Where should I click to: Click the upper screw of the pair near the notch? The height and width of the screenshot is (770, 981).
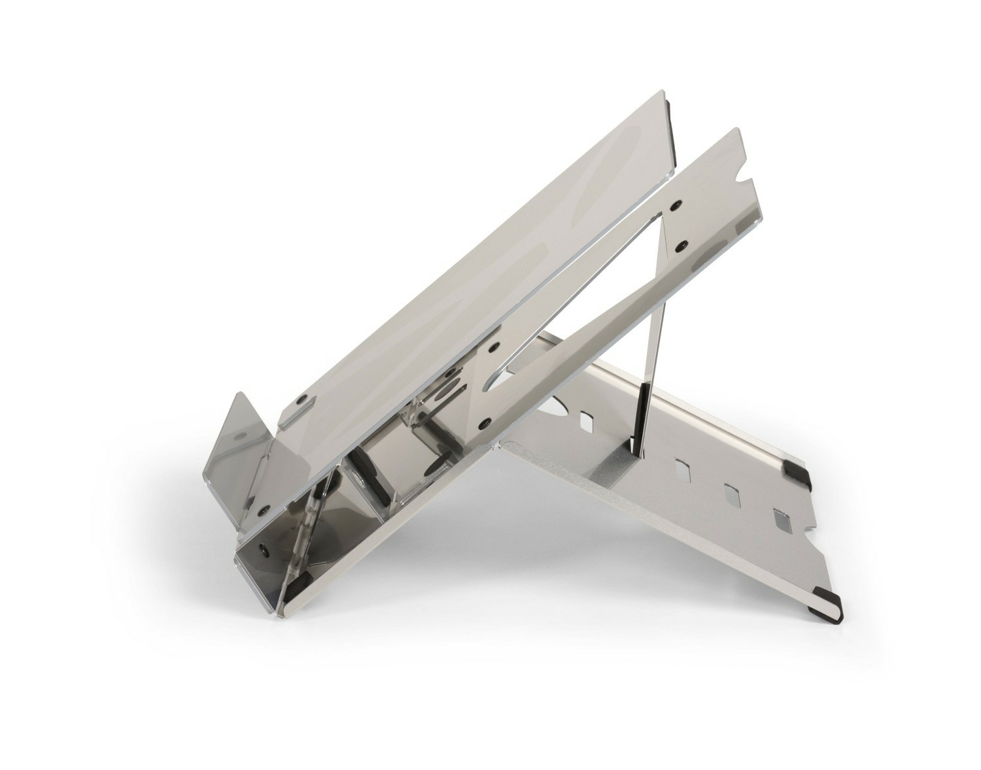click(675, 205)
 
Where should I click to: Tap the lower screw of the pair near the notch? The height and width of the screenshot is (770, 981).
click(680, 244)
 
